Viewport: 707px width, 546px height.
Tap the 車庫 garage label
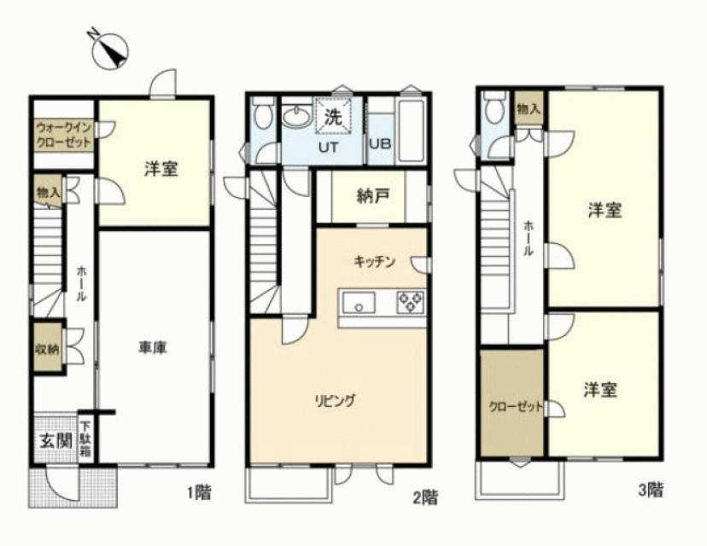pos(152,348)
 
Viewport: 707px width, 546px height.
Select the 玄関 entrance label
pos(56,440)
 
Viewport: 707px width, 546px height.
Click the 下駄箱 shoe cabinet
pos(85,439)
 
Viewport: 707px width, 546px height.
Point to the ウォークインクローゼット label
pos(63,135)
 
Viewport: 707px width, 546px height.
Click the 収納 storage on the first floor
pos(47,348)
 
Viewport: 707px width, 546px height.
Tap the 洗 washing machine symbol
pos(334,117)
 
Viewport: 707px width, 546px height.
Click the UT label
pos(328,148)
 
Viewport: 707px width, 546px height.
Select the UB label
pos(380,143)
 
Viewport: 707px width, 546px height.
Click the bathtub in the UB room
pos(411,131)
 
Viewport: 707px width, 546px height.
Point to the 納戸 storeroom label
pos(372,196)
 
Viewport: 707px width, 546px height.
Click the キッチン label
pos(375,261)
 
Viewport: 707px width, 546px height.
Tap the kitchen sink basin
pos(359,302)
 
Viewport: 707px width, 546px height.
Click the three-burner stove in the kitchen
pos(411,302)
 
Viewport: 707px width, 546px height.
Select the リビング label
pos(334,400)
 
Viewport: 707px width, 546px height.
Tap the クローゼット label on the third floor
pos(516,407)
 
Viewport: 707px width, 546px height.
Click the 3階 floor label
pos(651,490)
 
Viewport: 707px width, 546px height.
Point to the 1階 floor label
pos(199,492)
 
